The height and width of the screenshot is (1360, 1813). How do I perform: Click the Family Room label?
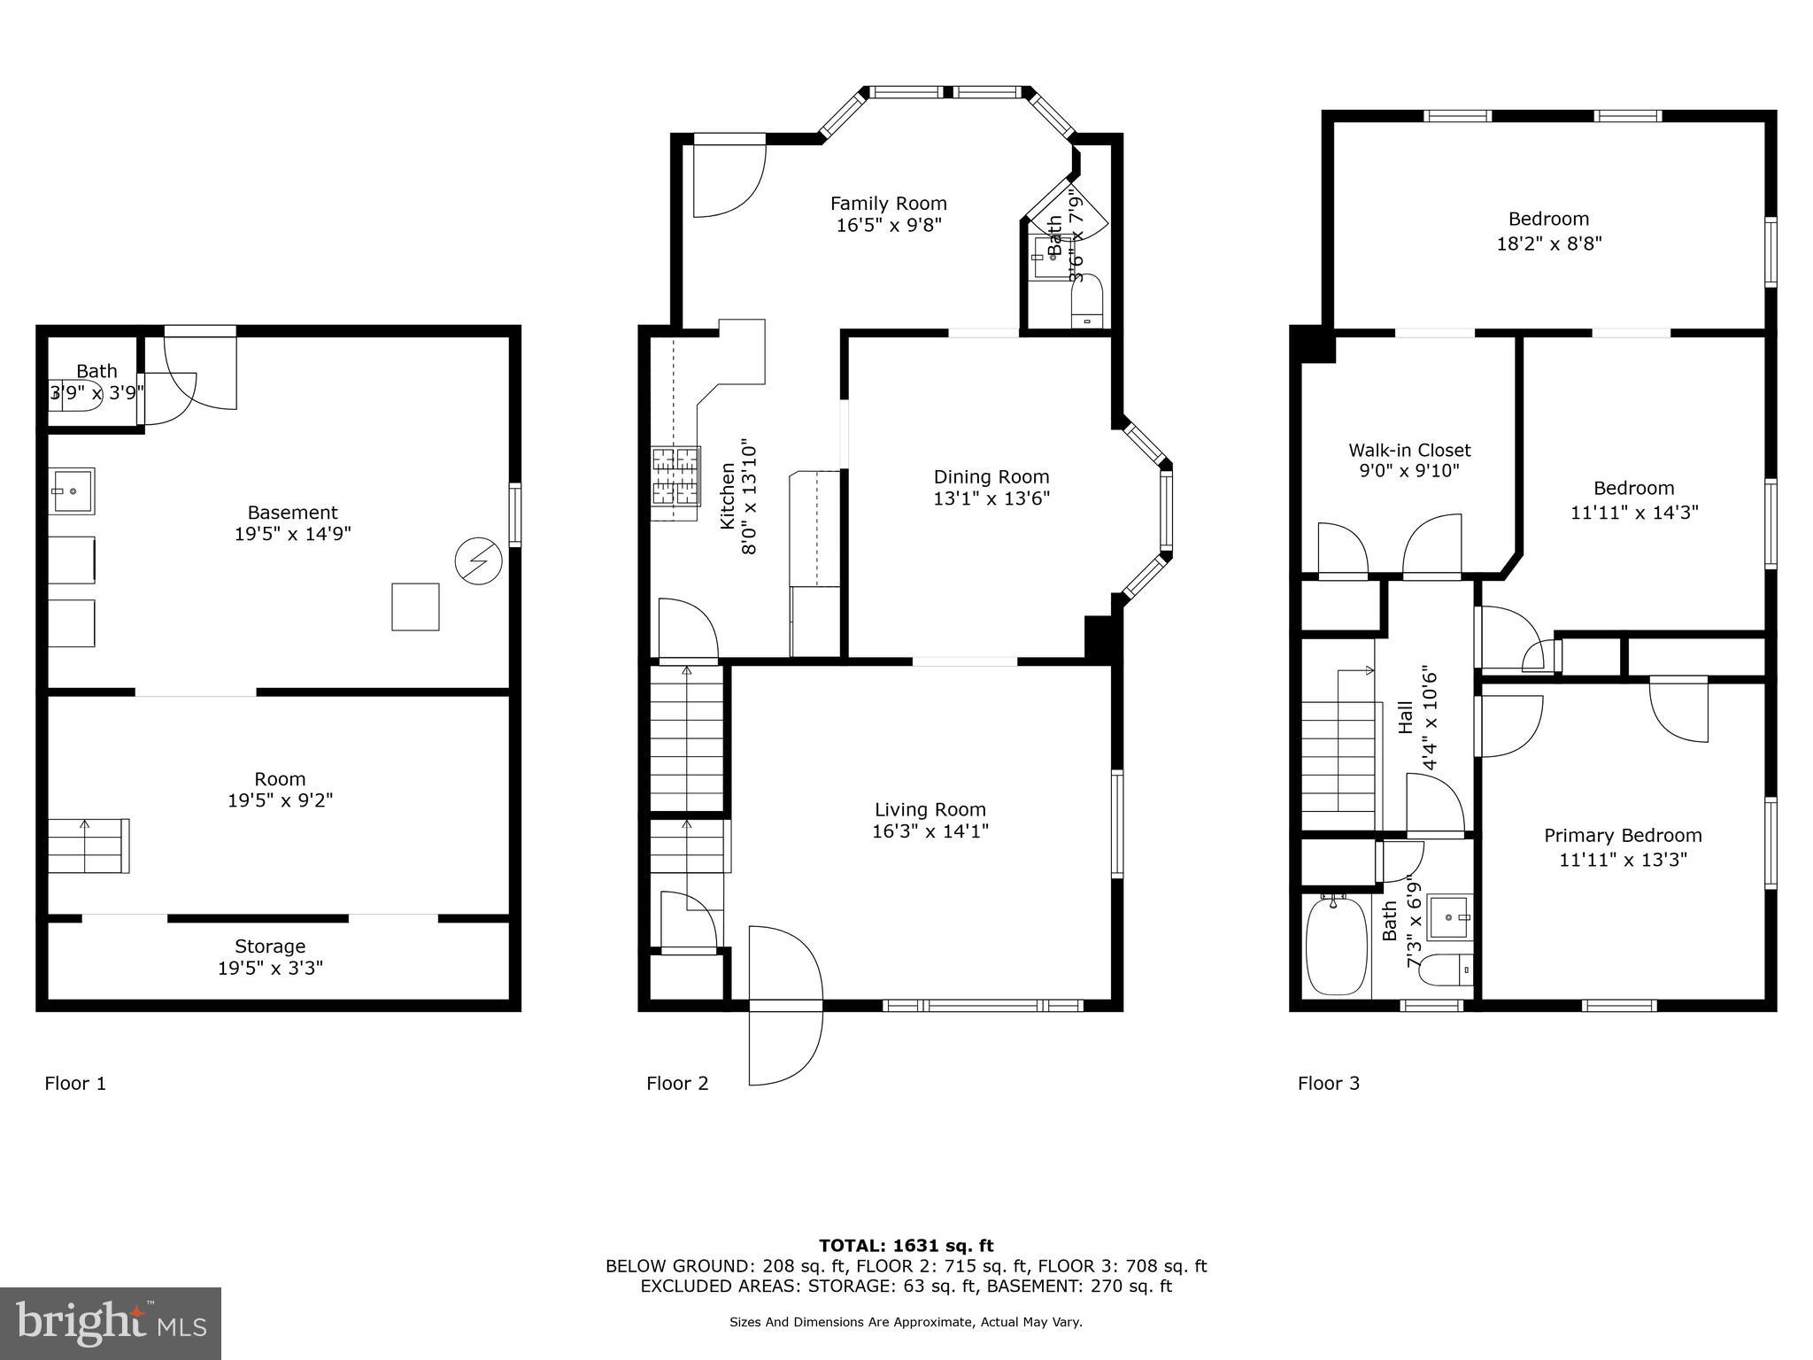pyautogui.click(x=888, y=204)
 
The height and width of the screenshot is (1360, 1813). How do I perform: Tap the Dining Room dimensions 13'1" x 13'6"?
pyautogui.click(x=991, y=498)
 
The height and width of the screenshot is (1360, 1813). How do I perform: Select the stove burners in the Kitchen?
pyautogui.click(x=676, y=483)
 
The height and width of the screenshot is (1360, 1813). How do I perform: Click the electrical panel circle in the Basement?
pyautogui.click(x=478, y=560)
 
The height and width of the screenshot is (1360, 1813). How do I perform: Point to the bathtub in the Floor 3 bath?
pyautogui.click(x=1338, y=946)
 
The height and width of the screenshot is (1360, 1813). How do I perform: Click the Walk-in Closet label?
pyautogui.click(x=1409, y=450)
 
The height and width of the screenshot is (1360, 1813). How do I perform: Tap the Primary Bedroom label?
pyautogui.click(x=1623, y=836)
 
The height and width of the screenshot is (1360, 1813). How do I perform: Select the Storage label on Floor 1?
pyautogui.click(x=270, y=946)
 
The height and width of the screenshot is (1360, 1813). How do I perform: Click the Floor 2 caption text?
pyautogui.click(x=677, y=1083)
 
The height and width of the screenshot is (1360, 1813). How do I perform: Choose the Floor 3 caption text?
pyautogui.click(x=1328, y=1083)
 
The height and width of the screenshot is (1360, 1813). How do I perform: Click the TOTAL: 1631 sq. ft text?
pyautogui.click(x=906, y=1246)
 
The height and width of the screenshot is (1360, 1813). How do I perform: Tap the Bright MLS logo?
pyautogui.click(x=111, y=1323)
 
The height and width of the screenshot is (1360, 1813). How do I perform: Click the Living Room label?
pyautogui.click(x=930, y=809)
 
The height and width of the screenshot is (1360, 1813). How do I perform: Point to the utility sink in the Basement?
pyautogui.click(x=71, y=490)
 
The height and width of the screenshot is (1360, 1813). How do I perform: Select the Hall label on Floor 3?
pyautogui.click(x=1406, y=717)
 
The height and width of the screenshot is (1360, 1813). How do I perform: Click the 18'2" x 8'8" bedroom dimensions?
pyautogui.click(x=1549, y=243)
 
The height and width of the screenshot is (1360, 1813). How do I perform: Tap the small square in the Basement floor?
pyautogui.click(x=415, y=607)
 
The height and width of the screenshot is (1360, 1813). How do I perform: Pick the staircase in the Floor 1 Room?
pyautogui.click(x=88, y=846)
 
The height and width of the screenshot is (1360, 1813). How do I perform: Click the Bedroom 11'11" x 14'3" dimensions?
pyautogui.click(x=1634, y=512)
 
